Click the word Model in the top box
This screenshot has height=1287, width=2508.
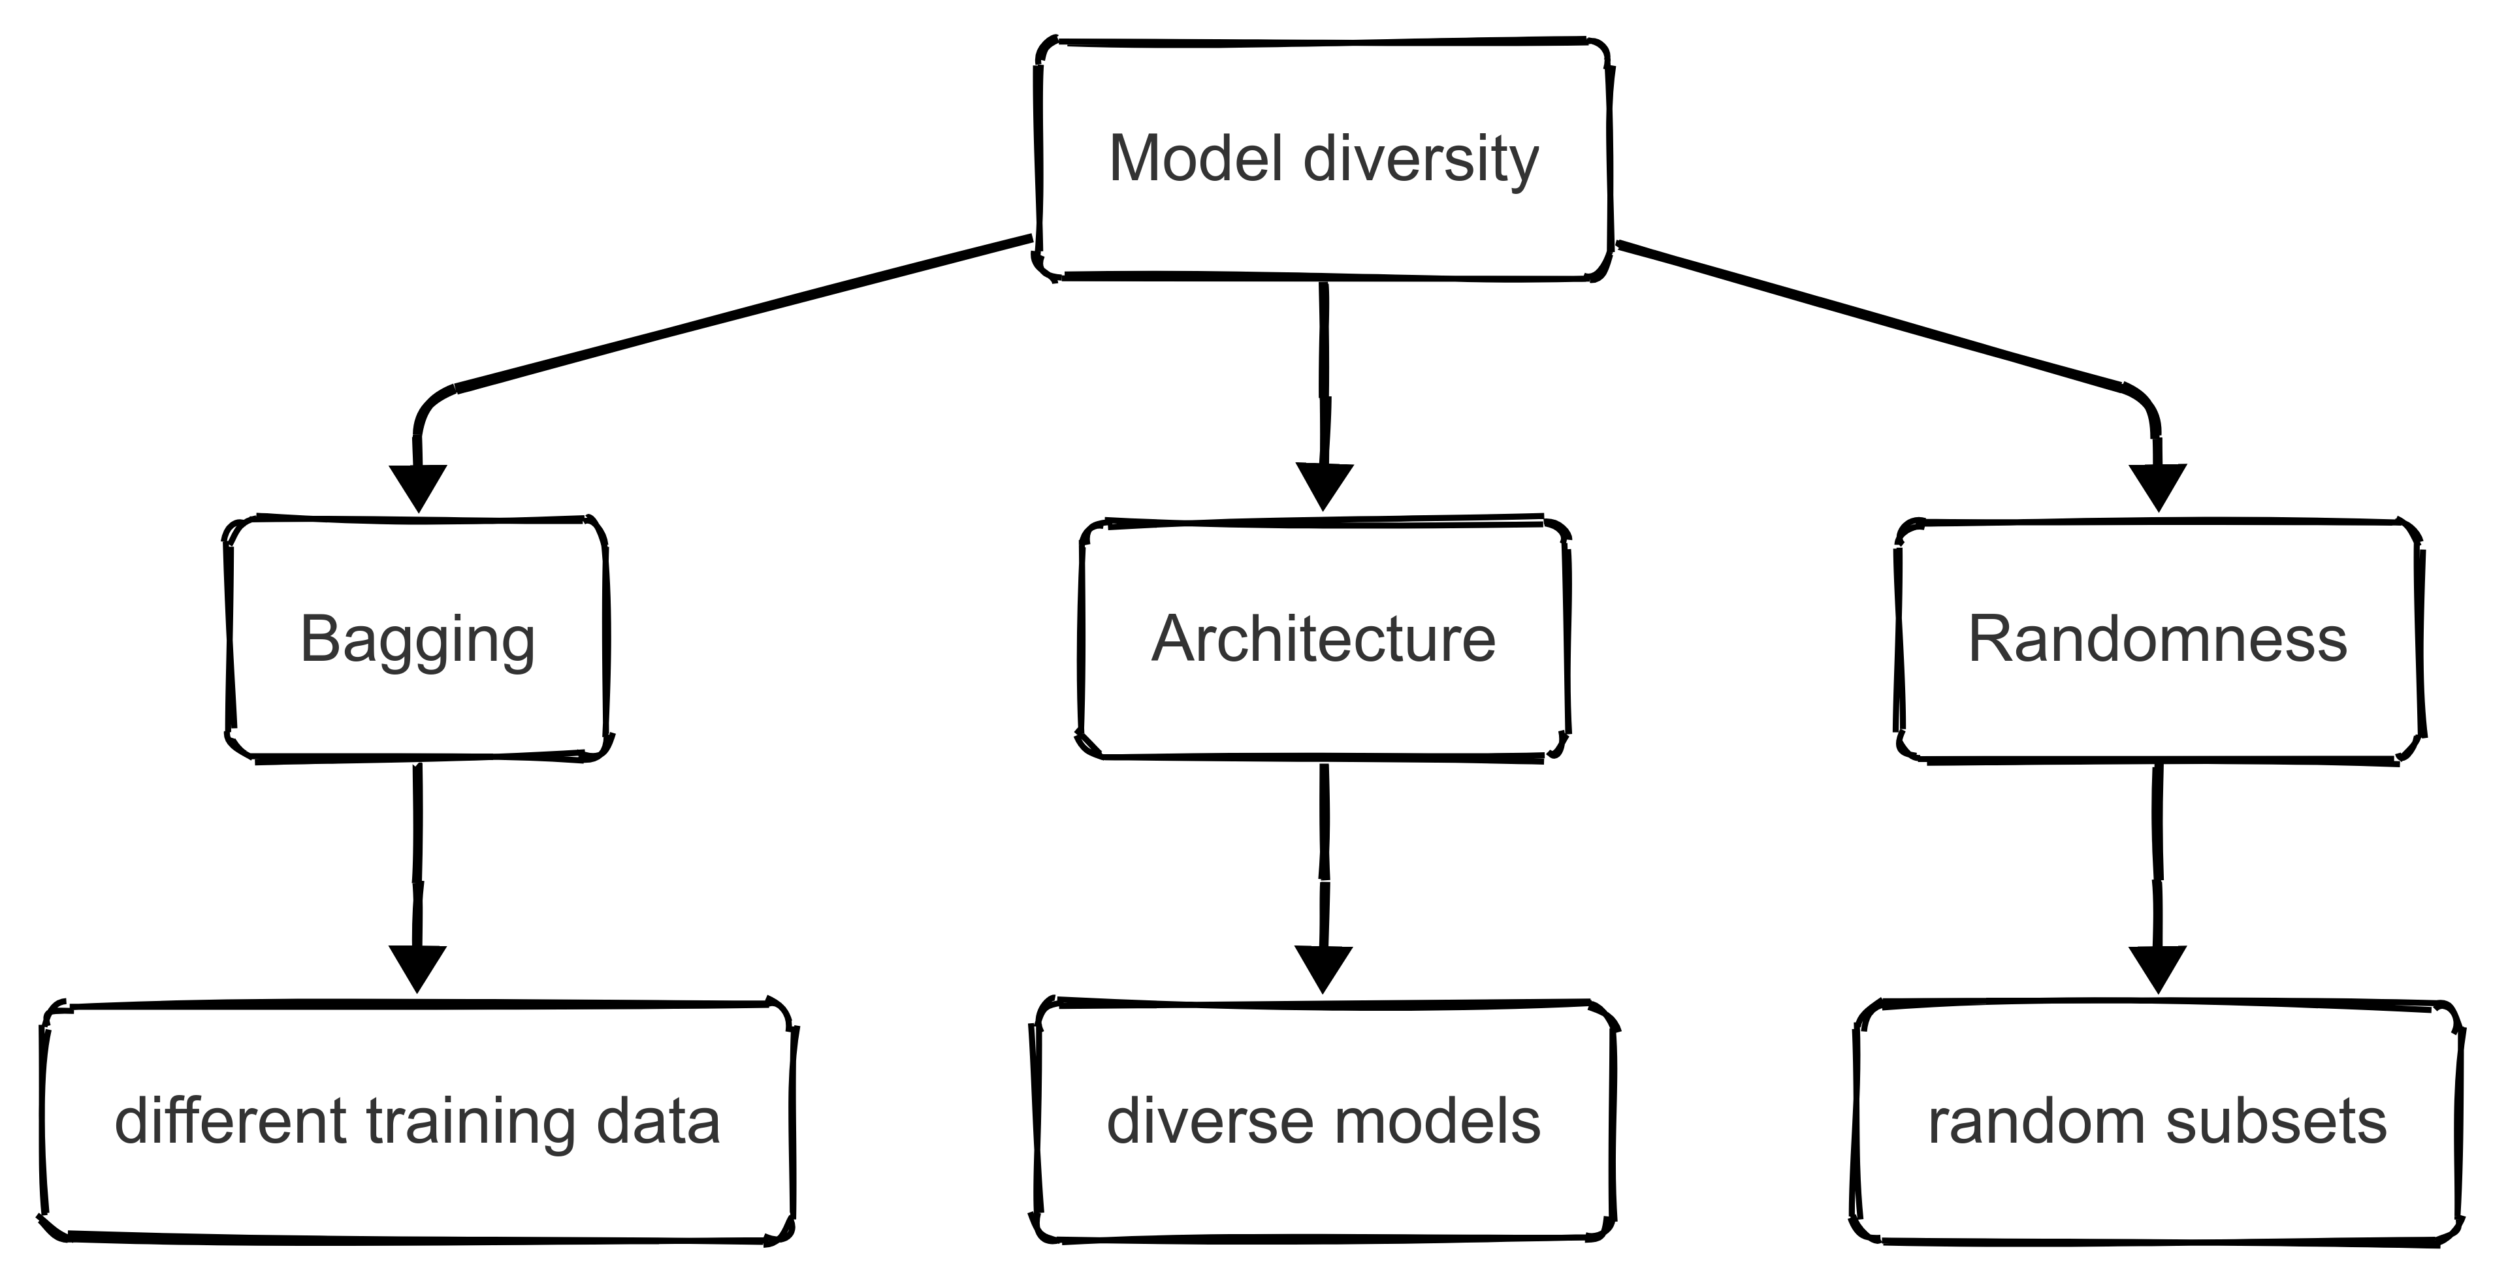[x=1197, y=158]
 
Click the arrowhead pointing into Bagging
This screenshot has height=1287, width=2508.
[x=418, y=486]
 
